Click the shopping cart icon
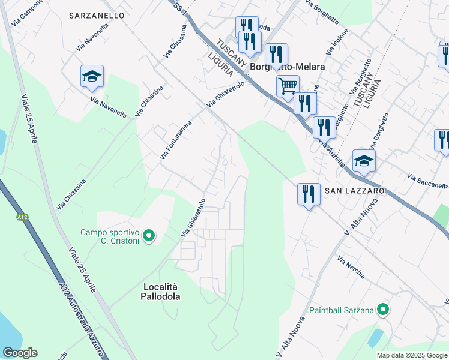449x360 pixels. [x=288, y=86]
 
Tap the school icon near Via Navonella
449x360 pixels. [x=92, y=76]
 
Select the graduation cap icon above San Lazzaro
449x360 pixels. [x=364, y=161]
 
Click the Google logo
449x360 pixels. [x=20, y=353]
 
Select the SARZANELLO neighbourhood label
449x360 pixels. [x=97, y=15]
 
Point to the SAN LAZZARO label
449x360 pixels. [x=354, y=190]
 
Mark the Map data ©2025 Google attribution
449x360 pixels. [x=411, y=355]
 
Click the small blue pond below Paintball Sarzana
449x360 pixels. [x=375, y=337]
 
